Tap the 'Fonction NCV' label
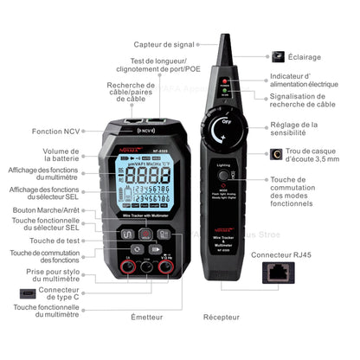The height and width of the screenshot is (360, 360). (55, 132)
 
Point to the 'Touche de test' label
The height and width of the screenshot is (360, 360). (55, 240)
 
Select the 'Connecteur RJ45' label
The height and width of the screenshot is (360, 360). (280, 255)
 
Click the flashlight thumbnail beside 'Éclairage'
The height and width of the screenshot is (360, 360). (279, 55)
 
